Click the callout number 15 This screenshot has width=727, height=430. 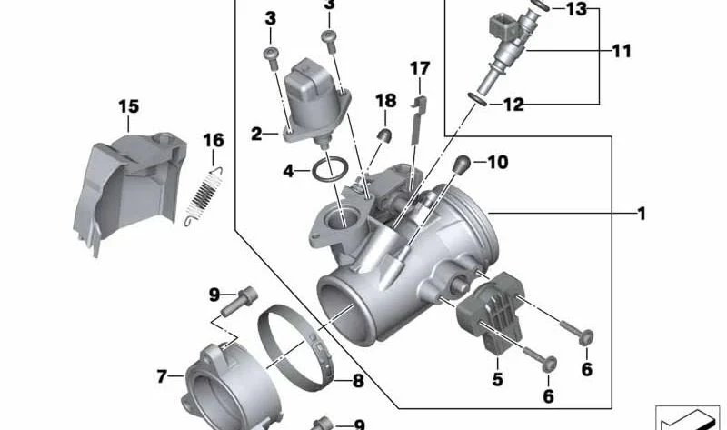[128, 106]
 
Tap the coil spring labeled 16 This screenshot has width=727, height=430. [204, 196]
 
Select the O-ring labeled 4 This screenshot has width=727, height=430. [330, 170]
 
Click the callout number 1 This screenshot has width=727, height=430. [642, 214]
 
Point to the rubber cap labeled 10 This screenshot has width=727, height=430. [462, 165]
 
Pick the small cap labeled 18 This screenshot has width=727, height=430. [384, 136]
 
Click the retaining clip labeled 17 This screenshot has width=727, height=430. [417, 121]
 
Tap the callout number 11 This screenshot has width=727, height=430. [622, 51]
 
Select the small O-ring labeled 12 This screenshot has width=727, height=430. [478, 99]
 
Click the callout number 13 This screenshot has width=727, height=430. [576, 9]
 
